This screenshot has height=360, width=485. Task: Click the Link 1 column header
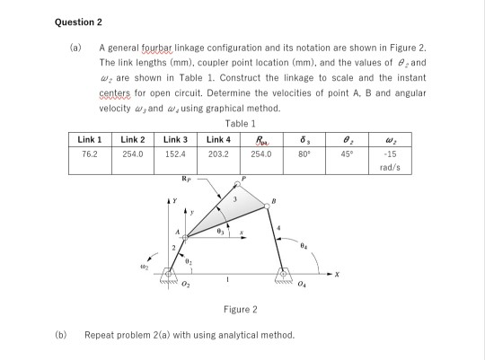88,139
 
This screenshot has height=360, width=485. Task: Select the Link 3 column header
175,139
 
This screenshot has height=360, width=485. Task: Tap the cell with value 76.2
87,154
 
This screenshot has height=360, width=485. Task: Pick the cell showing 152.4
175,154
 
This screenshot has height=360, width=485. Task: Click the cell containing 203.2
218,154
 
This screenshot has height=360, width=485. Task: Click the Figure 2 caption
242,309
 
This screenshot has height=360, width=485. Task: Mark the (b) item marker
62,334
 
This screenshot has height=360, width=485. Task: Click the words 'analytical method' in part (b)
262,334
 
